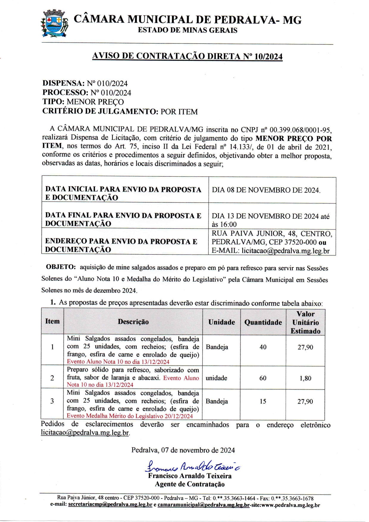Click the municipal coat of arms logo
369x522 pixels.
(x=54, y=24)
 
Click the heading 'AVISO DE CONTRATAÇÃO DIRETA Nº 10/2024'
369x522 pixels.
(x=187, y=56)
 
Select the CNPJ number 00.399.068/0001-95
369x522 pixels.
(x=300, y=130)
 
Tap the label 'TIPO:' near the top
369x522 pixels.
(x=54, y=102)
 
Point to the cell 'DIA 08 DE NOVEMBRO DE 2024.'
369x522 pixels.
(x=266, y=190)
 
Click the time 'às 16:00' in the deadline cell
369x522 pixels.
(x=224, y=225)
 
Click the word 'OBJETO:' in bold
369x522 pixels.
(x=61, y=267)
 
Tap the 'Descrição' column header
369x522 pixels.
(x=133, y=322)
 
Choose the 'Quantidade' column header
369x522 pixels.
(x=263, y=322)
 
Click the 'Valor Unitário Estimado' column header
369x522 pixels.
(x=305, y=322)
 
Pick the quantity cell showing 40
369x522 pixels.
(x=263, y=347)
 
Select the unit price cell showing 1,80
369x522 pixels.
(x=305, y=378)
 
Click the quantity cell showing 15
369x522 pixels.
(x=263, y=401)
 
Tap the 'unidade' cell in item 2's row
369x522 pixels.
(x=216, y=378)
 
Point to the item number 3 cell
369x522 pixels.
(x=52, y=401)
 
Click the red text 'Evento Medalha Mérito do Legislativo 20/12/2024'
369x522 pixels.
(x=130, y=416)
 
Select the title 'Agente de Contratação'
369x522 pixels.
(x=190, y=484)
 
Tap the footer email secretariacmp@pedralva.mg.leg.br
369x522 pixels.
(x=110, y=505)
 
